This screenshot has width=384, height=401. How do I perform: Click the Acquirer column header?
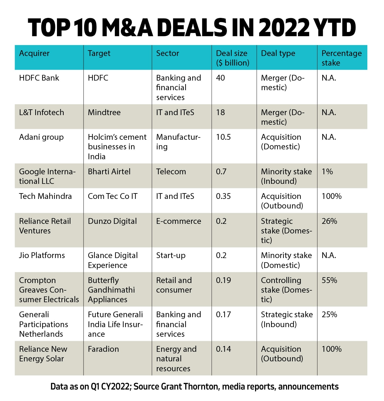tap(34, 53)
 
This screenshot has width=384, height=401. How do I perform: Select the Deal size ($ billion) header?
tap(232, 58)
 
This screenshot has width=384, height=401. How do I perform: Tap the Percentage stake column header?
tap(341, 58)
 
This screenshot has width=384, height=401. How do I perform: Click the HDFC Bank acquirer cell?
tap(39, 78)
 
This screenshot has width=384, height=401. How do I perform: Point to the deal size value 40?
tap(220, 78)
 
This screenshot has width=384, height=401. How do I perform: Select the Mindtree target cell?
tap(104, 113)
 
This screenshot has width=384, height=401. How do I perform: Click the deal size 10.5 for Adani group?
tap(223, 137)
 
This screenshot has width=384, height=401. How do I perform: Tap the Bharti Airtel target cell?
tap(109, 172)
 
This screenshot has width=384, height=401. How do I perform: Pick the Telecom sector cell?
tap(171, 172)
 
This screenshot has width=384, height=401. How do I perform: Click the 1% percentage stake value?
tap(327, 172)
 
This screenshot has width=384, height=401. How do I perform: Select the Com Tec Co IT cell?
tap(113, 196)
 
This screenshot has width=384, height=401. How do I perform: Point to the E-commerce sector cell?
tap(179, 221)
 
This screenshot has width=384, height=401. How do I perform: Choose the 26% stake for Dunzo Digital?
tap(329, 221)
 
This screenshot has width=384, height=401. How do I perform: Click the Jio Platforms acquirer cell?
tap(42, 256)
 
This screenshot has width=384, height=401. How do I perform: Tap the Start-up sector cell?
tap(171, 256)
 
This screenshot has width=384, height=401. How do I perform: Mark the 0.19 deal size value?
tap(223, 280)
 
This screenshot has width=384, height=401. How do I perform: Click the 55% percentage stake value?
tap(329, 280)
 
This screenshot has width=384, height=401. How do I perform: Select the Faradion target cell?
tap(103, 349)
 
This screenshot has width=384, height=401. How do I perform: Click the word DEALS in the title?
tap(192, 28)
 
